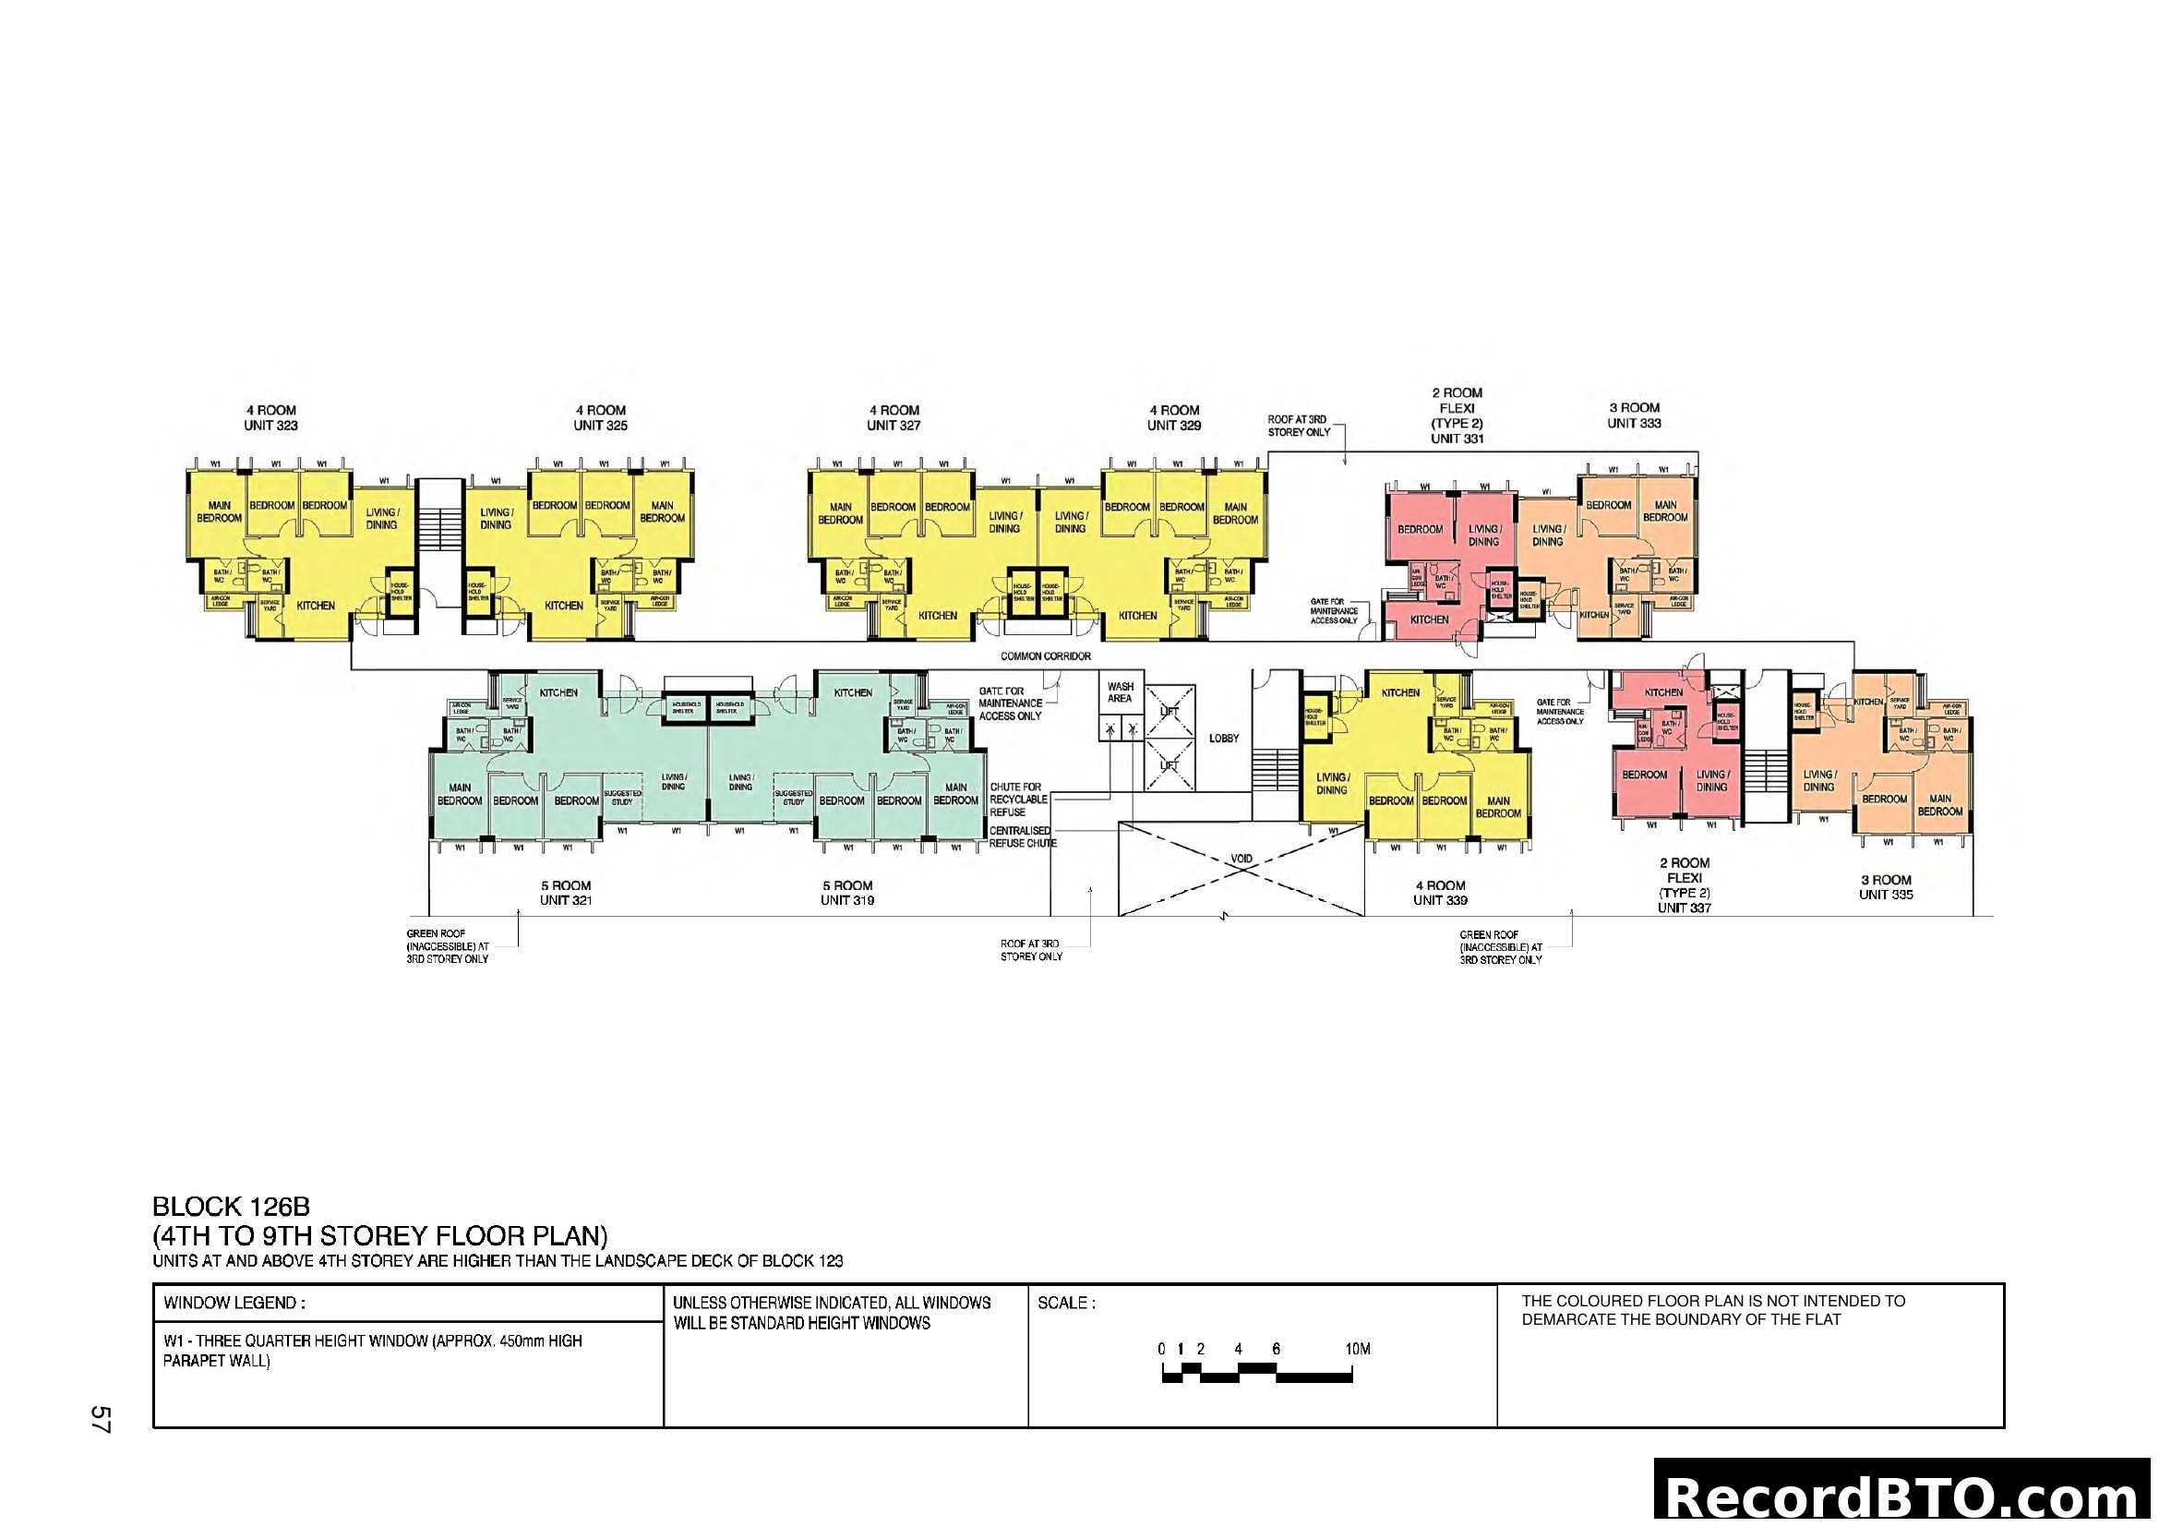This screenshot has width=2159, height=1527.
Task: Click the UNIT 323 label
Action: point(270,425)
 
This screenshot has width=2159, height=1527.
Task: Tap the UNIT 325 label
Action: point(600,425)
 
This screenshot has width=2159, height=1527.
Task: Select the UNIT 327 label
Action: point(894,425)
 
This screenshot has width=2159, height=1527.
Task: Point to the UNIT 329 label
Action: point(1173,425)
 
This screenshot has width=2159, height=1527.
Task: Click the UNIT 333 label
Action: point(1634,423)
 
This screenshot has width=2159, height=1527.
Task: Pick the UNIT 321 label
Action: point(565,900)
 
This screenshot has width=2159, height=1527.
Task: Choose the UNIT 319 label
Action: point(847,900)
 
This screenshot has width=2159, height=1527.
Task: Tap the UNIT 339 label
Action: point(1440,900)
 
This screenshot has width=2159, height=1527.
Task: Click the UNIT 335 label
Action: point(1886,895)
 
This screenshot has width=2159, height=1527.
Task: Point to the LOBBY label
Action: point(1223,739)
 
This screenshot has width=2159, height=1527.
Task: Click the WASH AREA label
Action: point(1120,692)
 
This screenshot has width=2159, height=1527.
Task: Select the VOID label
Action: point(1241,859)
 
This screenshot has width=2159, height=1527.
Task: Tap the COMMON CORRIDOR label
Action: point(1045,656)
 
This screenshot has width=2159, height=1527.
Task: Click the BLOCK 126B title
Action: point(232,1207)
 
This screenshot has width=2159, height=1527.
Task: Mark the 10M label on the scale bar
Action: point(1357,1348)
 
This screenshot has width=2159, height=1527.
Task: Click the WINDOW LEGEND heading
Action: point(234,1304)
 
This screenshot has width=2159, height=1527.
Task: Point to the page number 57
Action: point(101,1419)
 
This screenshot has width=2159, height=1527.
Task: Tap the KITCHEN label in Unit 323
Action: point(315,606)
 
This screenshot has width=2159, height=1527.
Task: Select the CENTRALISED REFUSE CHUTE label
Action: point(1021,836)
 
